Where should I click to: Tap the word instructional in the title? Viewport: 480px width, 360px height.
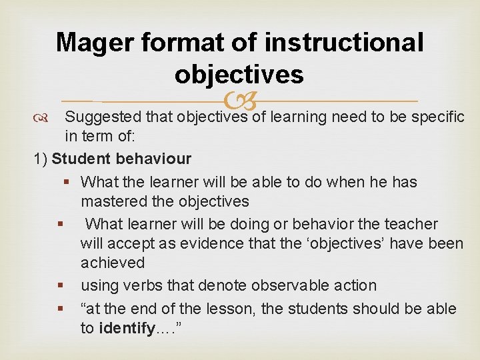click(344, 43)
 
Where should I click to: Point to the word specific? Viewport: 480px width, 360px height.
click(437, 117)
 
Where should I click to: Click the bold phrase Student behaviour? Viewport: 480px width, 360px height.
click(121, 159)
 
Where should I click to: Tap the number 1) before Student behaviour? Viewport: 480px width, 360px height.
click(40, 159)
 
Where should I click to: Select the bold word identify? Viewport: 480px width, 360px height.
click(127, 329)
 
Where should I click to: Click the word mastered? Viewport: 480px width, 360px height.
click(113, 201)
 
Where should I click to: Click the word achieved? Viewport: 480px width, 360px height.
click(113, 263)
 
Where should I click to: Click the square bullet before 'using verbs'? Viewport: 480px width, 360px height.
click(61, 286)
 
